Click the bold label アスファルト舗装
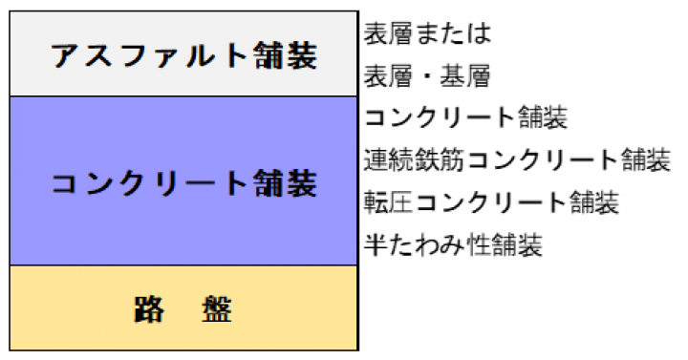click(183, 55)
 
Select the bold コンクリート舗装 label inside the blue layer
click(183, 182)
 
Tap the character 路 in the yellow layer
click(149, 309)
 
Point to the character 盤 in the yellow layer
click(217, 309)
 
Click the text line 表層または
click(427, 32)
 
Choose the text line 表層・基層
click(427, 75)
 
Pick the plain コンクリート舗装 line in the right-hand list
click(465, 117)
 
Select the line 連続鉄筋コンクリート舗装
click(517, 159)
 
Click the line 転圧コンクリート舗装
click(491, 202)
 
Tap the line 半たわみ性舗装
click(453, 244)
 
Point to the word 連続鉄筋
click(414, 159)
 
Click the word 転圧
click(389, 202)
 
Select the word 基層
click(465, 75)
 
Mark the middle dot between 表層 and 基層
click(427, 75)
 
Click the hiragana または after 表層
click(453, 33)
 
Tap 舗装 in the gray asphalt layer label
click(286, 55)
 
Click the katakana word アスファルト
click(151, 55)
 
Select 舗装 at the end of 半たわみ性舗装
click(517, 244)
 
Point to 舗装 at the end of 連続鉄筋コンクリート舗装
click(645, 159)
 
